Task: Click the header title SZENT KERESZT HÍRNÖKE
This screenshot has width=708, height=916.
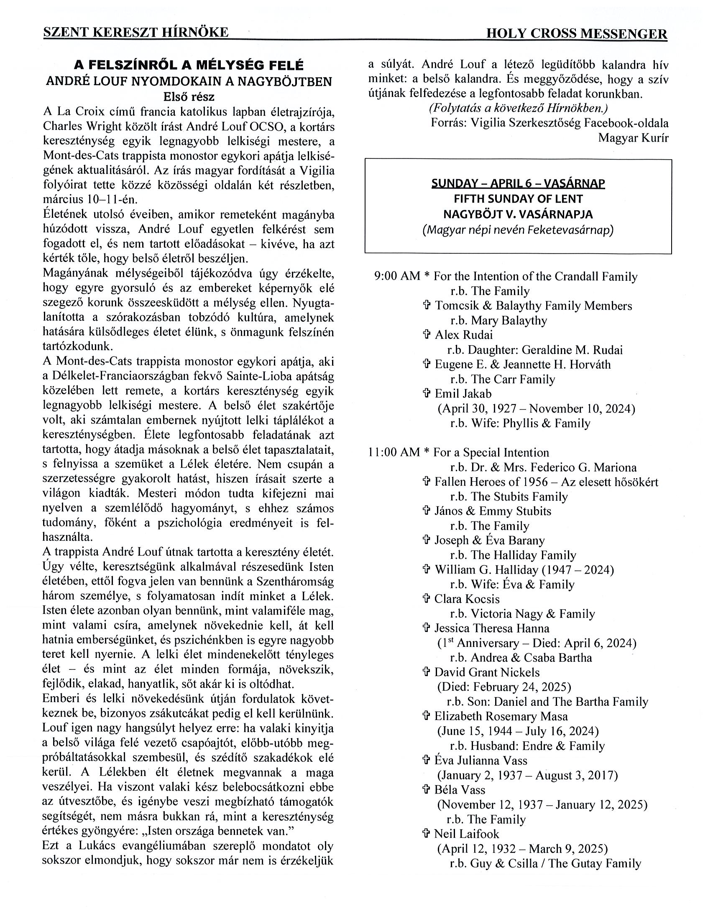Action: click(x=136, y=32)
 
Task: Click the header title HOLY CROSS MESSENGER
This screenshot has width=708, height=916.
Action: click(x=576, y=34)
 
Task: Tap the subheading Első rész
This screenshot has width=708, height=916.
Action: click(x=189, y=97)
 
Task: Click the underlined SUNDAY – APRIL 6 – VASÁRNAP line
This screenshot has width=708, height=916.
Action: click(x=518, y=184)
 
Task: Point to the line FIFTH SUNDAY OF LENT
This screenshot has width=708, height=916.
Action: click(x=518, y=199)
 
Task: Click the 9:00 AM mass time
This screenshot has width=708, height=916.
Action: click(x=397, y=276)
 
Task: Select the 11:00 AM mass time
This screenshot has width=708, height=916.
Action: click(x=394, y=453)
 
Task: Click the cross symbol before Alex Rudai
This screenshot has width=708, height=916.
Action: click(x=427, y=335)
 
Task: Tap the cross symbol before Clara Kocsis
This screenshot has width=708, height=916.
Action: click(x=427, y=599)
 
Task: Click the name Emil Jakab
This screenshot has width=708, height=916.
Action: click(x=463, y=393)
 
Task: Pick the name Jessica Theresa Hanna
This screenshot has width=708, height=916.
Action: click(x=491, y=628)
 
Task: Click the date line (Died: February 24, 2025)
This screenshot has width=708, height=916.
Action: click(x=504, y=687)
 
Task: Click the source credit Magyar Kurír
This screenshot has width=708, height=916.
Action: click(x=633, y=137)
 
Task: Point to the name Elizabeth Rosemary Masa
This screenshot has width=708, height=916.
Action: click(x=501, y=716)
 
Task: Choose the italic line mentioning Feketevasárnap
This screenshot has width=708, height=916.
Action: click(x=518, y=230)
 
